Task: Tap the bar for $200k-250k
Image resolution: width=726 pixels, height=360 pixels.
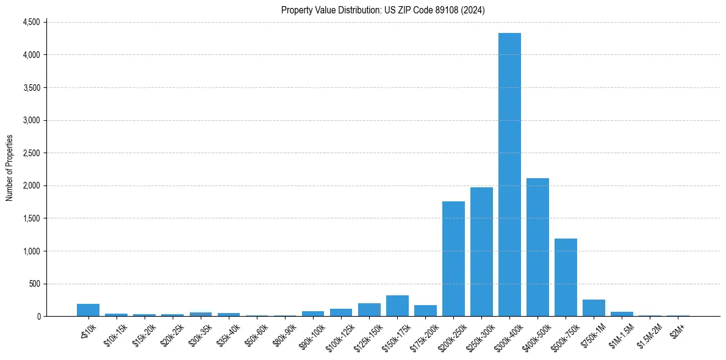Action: pos(453,259)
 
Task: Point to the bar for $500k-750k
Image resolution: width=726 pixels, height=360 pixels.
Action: pos(566,277)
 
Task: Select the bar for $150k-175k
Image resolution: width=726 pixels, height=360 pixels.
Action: pos(397,306)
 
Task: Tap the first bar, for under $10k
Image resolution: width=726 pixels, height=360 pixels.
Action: pos(88,310)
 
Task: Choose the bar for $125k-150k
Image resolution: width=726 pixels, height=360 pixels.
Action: pos(369,310)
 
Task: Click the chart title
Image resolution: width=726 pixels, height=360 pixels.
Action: pos(383,10)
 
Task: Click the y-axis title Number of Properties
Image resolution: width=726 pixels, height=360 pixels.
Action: pos(10,168)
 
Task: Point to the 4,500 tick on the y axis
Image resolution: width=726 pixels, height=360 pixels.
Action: pos(31,22)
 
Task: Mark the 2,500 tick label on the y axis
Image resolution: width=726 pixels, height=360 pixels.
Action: pos(31,153)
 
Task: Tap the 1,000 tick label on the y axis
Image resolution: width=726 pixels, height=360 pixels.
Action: pos(31,251)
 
